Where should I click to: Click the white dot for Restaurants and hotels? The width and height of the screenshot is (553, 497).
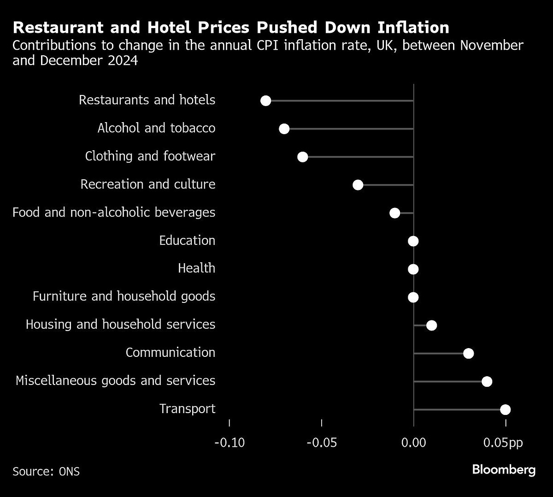tap(266, 101)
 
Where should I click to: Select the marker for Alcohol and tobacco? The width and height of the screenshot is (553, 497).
tap(284, 129)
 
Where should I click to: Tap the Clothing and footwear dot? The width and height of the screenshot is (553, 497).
tap(303, 157)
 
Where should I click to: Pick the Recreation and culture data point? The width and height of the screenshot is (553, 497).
tap(358, 185)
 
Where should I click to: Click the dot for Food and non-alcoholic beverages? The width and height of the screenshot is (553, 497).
tap(395, 213)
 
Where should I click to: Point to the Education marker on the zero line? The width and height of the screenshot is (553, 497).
tap(413, 241)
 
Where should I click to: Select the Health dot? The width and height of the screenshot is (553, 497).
tap(413, 269)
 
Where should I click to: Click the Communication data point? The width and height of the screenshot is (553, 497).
tap(469, 354)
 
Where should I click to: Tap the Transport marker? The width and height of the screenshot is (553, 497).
tap(506, 410)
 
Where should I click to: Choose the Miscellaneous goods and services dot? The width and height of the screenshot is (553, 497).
tap(487, 382)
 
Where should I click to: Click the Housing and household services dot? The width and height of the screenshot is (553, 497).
tap(432, 325)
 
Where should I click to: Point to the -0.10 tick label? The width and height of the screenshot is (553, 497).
tap(229, 443)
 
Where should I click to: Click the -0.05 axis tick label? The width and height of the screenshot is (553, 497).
tap(322, 443)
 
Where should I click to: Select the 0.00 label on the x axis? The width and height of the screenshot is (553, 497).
tap(413, 443)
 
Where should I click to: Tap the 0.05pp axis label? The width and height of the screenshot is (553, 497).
tap(503, 443)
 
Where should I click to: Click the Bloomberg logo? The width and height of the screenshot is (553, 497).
tap(504, 470)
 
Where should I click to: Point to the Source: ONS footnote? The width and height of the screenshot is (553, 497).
tap(46, 472)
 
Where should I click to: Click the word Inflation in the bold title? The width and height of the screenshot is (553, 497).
tap(413, 28)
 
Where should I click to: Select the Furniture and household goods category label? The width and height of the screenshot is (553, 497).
tap(124, 296)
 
